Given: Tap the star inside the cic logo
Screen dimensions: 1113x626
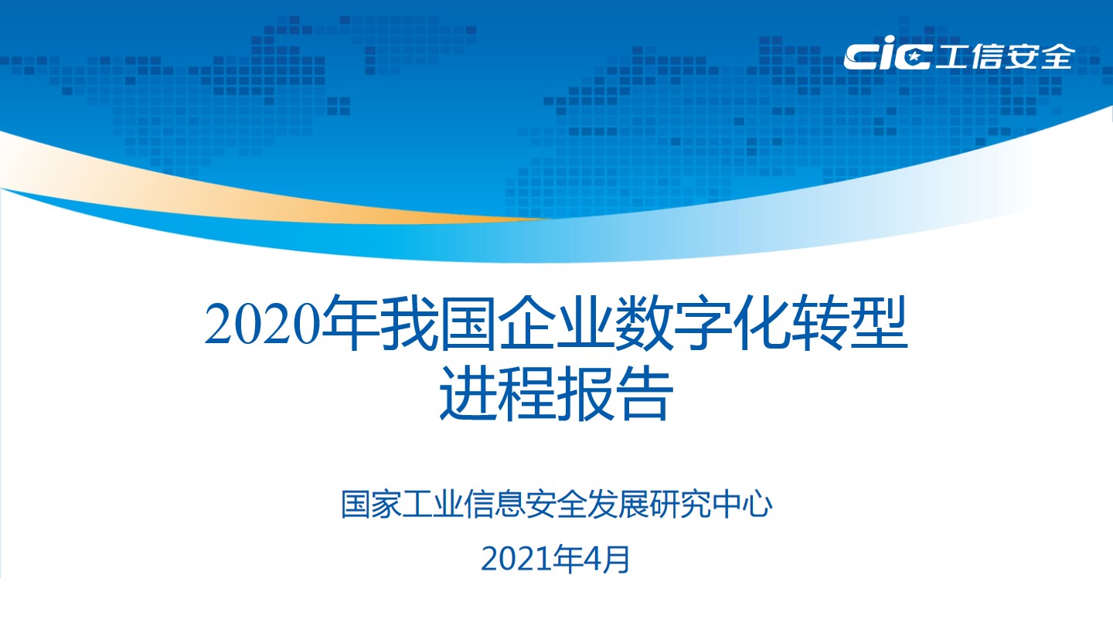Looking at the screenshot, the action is tap(914, 58).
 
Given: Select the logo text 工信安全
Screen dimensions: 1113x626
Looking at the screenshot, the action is tap(1005, 56).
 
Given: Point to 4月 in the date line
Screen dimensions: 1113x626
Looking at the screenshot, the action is tap(607, 560).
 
